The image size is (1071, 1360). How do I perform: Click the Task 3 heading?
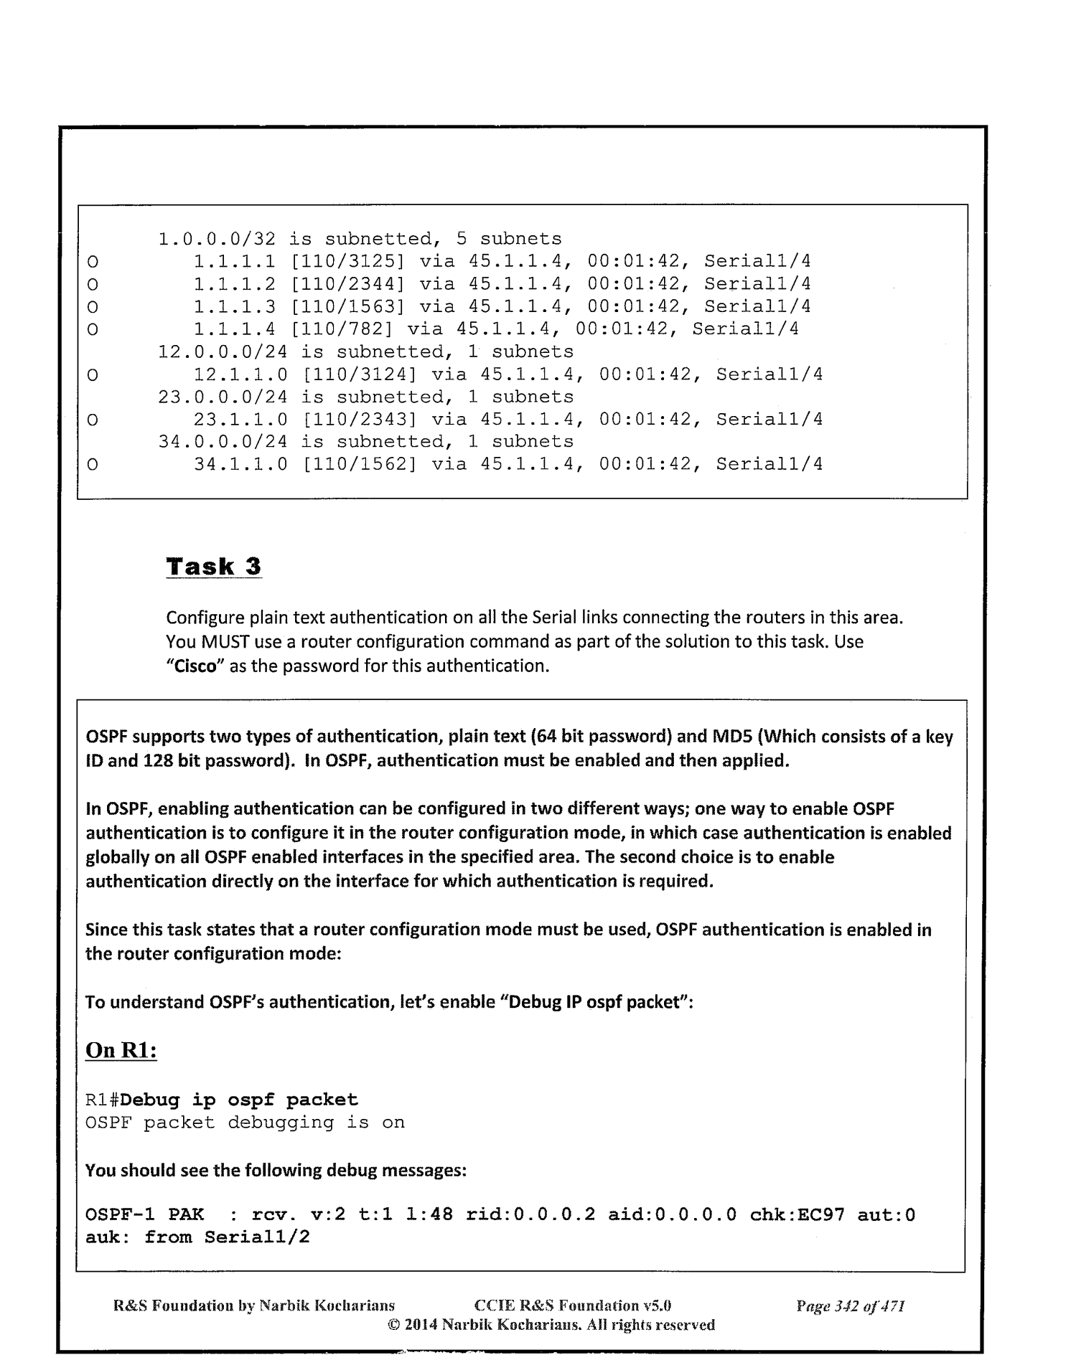coord(213,567)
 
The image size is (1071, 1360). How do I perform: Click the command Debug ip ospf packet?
coord(240,1100)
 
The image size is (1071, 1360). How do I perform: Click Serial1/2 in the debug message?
coord(257,1237)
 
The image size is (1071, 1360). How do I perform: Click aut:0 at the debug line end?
coord(887,1215)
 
